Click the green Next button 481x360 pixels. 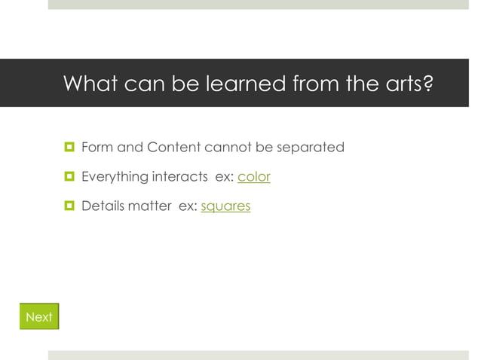click(x=39, y=317)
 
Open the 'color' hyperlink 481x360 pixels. click(x=254, y=177)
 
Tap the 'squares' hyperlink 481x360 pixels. click(x=225, y=206)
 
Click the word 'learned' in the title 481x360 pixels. click(x=242, y=84)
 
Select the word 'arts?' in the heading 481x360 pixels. click(x=409, y=84)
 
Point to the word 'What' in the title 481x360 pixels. click(x=90, y=84)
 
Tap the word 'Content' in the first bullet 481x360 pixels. click(x=173, y=148)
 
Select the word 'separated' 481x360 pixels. click(x=311, y=148)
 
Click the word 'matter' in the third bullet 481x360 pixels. click(x=150, y=206)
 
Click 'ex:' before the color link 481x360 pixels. click(x=225, y=177)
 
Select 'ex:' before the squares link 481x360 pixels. click(x=187, y=206)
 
